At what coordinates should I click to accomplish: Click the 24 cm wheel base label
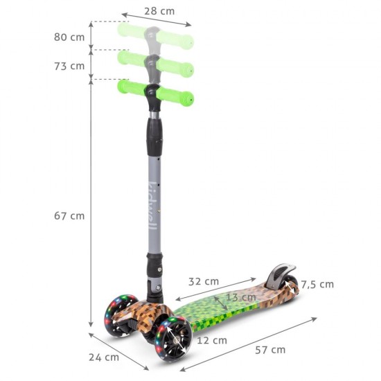point(105,357)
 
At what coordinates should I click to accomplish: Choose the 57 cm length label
point(269,350)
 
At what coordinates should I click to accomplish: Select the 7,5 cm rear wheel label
point(317,284)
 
